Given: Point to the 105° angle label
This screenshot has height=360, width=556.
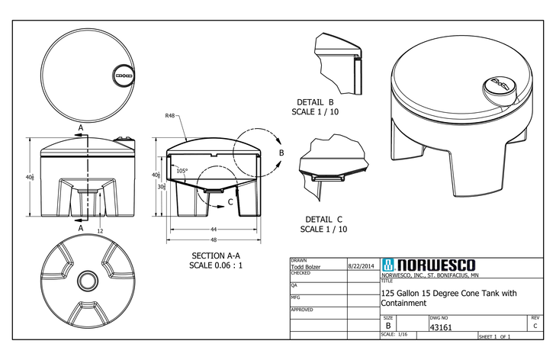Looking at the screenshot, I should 182,171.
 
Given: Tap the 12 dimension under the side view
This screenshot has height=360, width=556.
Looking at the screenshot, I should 100,230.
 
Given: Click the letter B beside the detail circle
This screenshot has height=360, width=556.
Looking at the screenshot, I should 281,153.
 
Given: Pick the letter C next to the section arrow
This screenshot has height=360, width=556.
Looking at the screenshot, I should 230,203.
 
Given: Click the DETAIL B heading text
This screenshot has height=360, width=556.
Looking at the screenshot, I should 316,101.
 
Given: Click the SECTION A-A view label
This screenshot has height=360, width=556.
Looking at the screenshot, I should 217,255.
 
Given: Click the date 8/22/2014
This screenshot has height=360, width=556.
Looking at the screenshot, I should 362,267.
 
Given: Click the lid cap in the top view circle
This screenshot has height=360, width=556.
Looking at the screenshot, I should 121,76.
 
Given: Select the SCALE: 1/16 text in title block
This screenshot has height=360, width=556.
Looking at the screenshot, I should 395,335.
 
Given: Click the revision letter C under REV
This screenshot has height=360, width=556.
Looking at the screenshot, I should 535,326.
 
